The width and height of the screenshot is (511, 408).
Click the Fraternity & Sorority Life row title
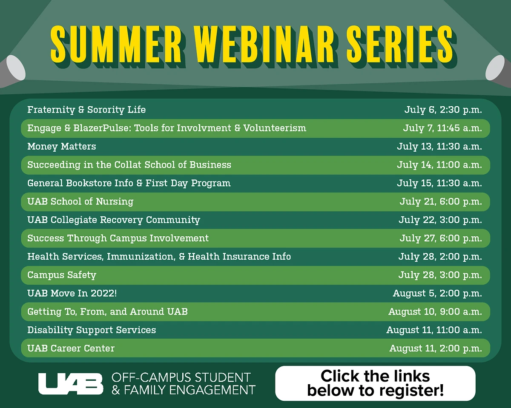86,110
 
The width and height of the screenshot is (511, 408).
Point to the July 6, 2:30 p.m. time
443,110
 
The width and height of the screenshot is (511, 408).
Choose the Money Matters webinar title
62,147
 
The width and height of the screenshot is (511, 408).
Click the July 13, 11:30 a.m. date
439,147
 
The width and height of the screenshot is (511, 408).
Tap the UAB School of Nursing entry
80,201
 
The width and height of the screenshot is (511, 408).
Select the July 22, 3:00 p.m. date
440,220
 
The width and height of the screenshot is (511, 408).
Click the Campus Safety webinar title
62,275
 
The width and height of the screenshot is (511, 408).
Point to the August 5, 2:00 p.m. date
437,293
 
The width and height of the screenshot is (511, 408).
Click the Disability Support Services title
92,330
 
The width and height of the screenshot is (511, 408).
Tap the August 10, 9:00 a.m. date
435,312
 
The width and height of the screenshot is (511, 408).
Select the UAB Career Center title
71,348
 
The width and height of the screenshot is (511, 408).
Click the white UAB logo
71,383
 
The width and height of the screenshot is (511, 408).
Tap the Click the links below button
375,383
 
